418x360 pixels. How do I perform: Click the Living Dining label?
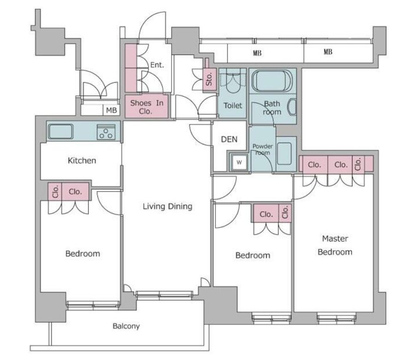click(167, 206)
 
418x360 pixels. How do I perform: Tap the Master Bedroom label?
click(335, 246)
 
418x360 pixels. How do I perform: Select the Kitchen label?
click(82, 161)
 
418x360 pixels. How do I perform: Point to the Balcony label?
click(126, 326)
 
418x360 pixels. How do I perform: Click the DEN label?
click(229, 139)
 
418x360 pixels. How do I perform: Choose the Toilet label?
click(233, 106)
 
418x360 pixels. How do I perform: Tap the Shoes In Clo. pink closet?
click(147, 107)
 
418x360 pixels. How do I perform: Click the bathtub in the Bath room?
click(272, 81)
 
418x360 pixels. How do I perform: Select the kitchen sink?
click(60, 132)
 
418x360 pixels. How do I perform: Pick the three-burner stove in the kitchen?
click(106, 132)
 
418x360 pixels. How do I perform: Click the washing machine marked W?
click(239, 162)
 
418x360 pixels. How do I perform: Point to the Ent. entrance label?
click(157, 65)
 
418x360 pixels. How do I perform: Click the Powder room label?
click(263, 150)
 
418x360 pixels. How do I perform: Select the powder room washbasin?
click(284, 154)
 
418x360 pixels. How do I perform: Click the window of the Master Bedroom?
click(336, 318)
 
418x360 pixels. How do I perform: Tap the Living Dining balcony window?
click(164, 294)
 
